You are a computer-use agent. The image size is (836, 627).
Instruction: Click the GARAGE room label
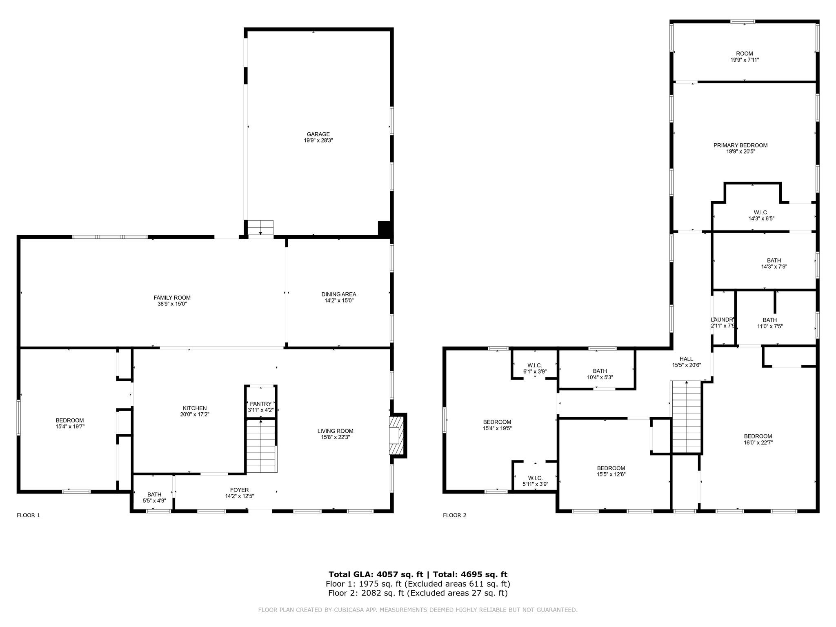pos(318,134)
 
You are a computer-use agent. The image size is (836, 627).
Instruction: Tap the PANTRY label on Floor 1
pos(260,404)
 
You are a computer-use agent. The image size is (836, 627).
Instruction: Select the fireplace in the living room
pos(397,435)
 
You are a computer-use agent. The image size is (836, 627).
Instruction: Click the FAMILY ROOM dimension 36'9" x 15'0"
pos(172,304)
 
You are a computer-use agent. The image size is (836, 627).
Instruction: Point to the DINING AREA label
pos(338,294)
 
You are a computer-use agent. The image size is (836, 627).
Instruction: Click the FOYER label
pos(239,490)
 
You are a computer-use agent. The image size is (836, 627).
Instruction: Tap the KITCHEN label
pos(195,408)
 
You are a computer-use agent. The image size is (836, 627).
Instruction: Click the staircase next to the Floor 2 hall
pos(686,416)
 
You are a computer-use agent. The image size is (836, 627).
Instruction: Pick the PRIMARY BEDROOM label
pos(740,145)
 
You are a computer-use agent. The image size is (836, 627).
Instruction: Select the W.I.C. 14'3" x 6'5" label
pos(761,213)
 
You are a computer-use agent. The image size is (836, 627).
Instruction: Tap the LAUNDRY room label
pos(723,320)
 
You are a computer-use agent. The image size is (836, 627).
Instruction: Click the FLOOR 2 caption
pos(454,515)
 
